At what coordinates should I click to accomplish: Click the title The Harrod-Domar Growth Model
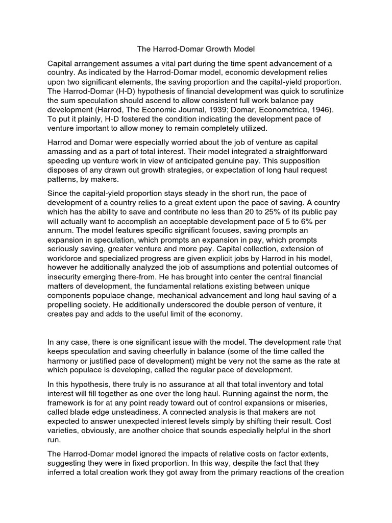pyautogui.click(x=195, y=50)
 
